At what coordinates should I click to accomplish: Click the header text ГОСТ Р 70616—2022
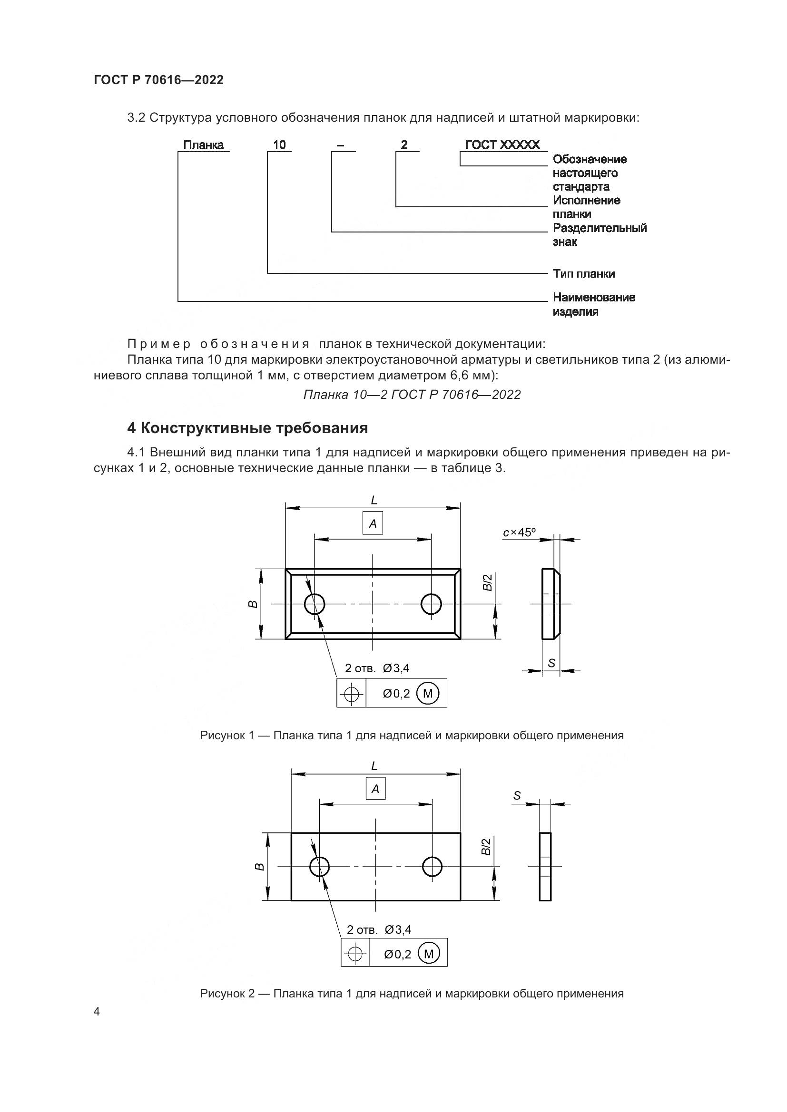click(158, 80)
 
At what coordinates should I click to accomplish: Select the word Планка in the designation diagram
click(203, 145)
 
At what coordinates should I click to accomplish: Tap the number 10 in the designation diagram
click(279, 145)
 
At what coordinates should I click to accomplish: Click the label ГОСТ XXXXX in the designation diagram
click(502, 145)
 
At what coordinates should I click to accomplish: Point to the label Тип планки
click(583, 274)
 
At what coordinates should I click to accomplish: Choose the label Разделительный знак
click(599, 234)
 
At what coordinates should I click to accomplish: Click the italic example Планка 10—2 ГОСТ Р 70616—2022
click(412, 395)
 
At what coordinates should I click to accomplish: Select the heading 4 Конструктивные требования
click(247, 428)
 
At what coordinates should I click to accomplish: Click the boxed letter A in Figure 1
click(372, 523)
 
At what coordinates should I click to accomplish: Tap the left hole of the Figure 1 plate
click(315, 604)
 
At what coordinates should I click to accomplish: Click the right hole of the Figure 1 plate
click(431, 604)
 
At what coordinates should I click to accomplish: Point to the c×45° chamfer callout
click(519, 533)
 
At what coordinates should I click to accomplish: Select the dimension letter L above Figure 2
click(374, 766)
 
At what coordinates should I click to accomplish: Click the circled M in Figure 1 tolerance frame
click(427, 694)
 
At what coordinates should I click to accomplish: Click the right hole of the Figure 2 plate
click(432, 867)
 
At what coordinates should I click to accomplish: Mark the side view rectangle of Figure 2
click(545, 867)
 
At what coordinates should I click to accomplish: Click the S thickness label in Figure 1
click(551, 663)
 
